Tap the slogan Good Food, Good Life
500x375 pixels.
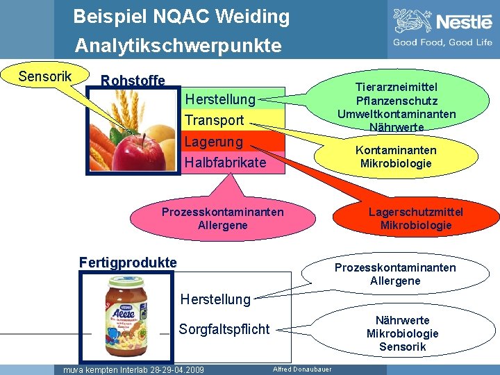pos(442,42)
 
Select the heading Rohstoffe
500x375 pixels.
pos(133,81)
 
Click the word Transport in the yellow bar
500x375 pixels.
pos(214,120)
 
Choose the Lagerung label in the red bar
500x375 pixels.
pos(213,142)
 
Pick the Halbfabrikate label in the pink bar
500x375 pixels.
pos(224,162)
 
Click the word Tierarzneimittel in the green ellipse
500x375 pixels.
pos(397,87)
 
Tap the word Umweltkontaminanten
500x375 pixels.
pos(397,114)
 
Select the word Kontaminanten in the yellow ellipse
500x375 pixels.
pos(396,150)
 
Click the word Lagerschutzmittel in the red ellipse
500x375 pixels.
pos(415,212)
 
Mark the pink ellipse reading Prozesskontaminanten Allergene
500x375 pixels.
pos(222,218)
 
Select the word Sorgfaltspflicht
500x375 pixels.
pos(224,329)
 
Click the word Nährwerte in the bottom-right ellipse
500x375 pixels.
pos(402,320)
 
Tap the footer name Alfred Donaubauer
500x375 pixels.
pos(302,369)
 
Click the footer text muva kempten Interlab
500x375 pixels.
pos(133,369)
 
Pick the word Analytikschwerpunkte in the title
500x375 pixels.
pos(178,46)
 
